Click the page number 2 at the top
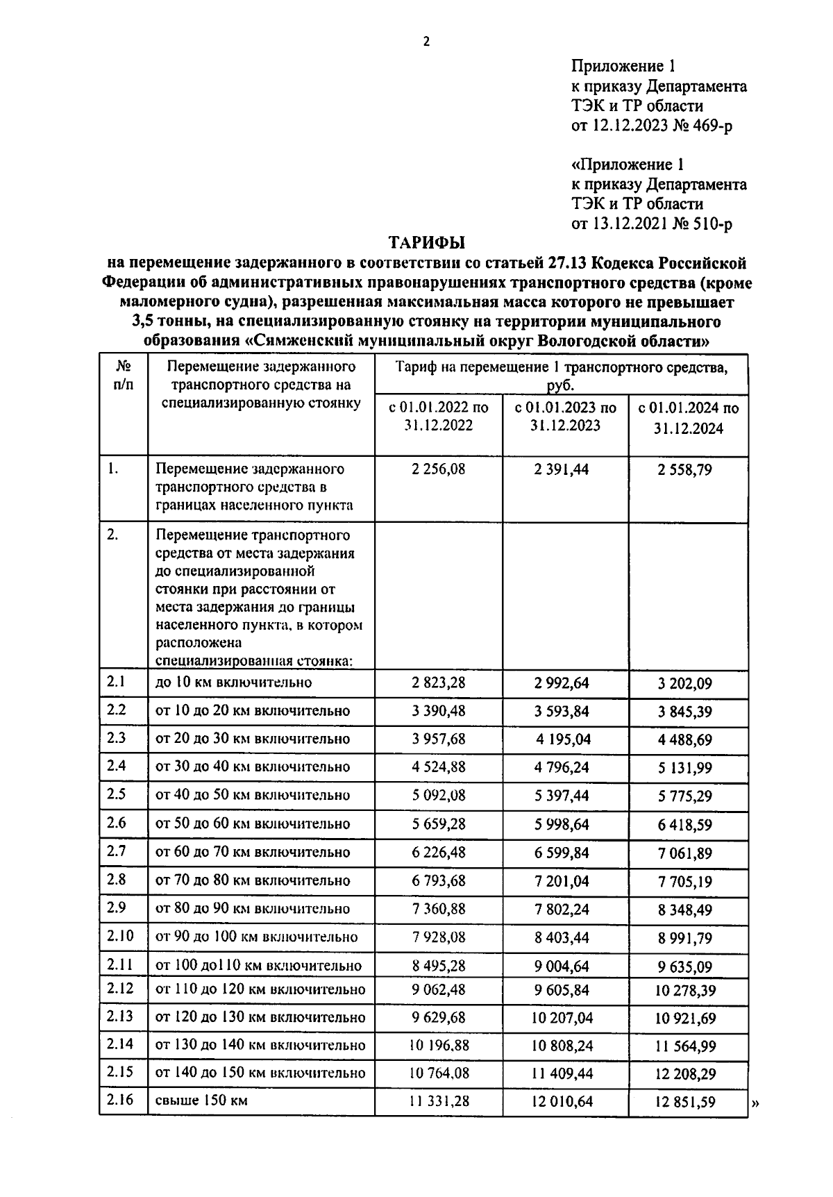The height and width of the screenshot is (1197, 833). tap(426, 42)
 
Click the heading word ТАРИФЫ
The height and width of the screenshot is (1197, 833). tap(426, 242)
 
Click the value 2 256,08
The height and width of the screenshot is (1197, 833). tap(438, 469)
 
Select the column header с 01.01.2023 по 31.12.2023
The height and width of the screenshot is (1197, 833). tap(565, 417)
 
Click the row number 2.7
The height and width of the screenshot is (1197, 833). tap(117, 851)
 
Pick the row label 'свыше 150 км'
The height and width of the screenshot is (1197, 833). tap(201, 1100)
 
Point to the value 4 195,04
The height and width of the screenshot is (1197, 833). tap(563, 739)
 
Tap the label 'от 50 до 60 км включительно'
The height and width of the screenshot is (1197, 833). tap(253, 824)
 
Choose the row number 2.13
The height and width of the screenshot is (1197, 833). tap(119, 1016)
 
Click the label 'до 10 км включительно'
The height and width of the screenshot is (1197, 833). tap(233, 683)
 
